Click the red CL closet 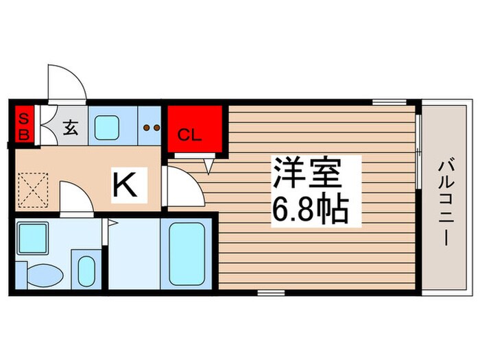(x=195, y=128)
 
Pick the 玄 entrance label (x=70, y=127)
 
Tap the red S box (x=23, y=117)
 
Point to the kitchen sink (x=107, y=127)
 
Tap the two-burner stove (x=150, y=127)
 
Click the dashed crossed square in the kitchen (x=31, y=189)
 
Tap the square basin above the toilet (x=32, y=238)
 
